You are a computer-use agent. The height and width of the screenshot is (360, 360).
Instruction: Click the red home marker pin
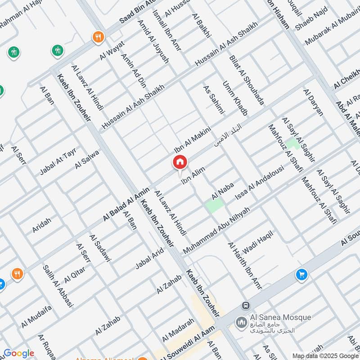[x=180, y=162]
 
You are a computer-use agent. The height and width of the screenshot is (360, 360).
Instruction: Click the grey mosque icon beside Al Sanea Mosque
[x=241, y=322]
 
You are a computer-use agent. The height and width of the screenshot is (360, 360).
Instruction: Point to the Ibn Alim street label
[x=193, y=175]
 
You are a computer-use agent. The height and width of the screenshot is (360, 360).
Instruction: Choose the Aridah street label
[x=42, y=224]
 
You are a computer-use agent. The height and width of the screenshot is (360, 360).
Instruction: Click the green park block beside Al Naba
[x=215, y=206]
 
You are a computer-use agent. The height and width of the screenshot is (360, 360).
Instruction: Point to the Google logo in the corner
[x=18, y=353]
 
